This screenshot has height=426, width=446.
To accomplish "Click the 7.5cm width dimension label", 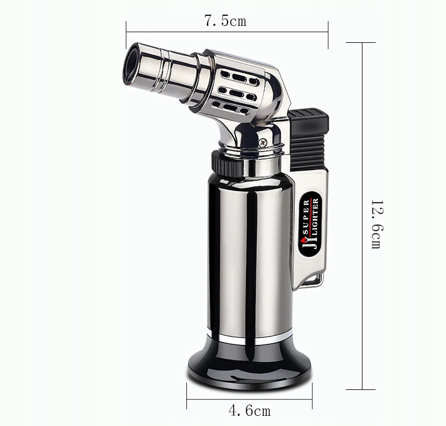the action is pyautogui.click(x=225, y=20).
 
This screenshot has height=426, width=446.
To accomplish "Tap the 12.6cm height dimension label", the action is pyautogui.click(x=378, y=224).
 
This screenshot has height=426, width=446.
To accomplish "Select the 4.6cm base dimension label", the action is pyautogui.click(x=249, y=410).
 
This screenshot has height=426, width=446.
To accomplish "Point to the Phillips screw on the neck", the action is pyautogui.click(x=263, y=141).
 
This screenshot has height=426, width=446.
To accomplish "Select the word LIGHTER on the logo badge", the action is pyautogui.click(x=316, y=219).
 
